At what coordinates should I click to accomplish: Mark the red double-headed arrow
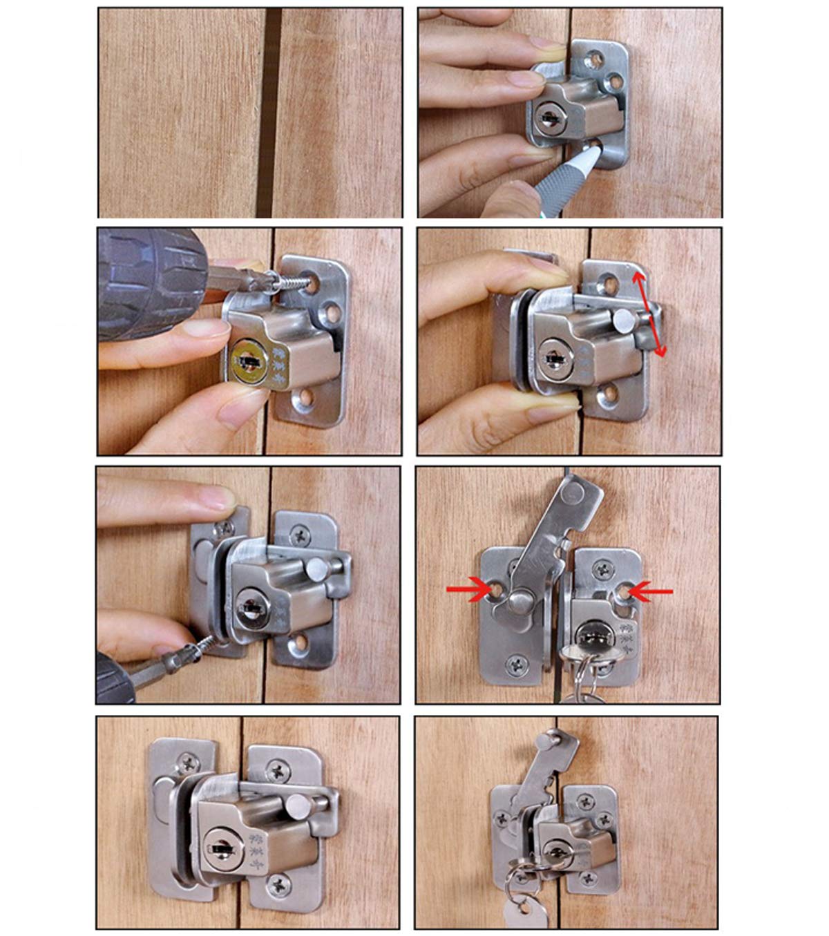pos(651,314)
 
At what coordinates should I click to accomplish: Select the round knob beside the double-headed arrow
pos(625,319)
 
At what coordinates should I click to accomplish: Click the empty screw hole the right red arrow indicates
pos(624,592)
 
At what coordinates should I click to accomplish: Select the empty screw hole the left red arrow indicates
pos(497,589)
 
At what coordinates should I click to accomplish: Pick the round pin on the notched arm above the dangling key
pos(552,738)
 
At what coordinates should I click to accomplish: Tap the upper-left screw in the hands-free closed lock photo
pos(189,763)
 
